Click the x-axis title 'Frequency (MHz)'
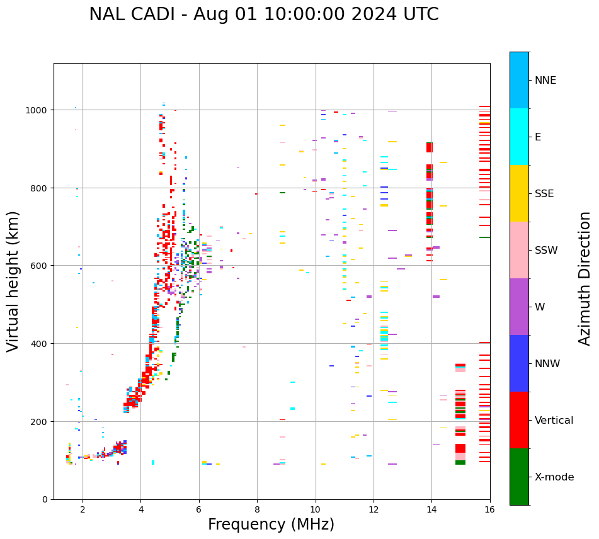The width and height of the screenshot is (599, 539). tap(271, 525)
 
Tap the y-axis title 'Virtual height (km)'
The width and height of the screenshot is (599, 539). tap(13, 281)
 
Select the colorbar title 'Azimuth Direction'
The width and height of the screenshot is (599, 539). tap(585, 278)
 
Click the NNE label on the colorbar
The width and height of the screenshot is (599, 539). tap(545, 81)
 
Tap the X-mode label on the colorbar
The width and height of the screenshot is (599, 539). tap(554, 477)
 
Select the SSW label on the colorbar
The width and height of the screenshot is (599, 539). tap(546, 251)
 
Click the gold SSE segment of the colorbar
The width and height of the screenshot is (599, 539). tap(519, 193)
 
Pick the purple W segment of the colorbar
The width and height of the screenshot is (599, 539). tap(519, 307)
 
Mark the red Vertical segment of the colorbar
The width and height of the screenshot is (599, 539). tap(519, 420)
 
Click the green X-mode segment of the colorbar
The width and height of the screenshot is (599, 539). tap(519, 477)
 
